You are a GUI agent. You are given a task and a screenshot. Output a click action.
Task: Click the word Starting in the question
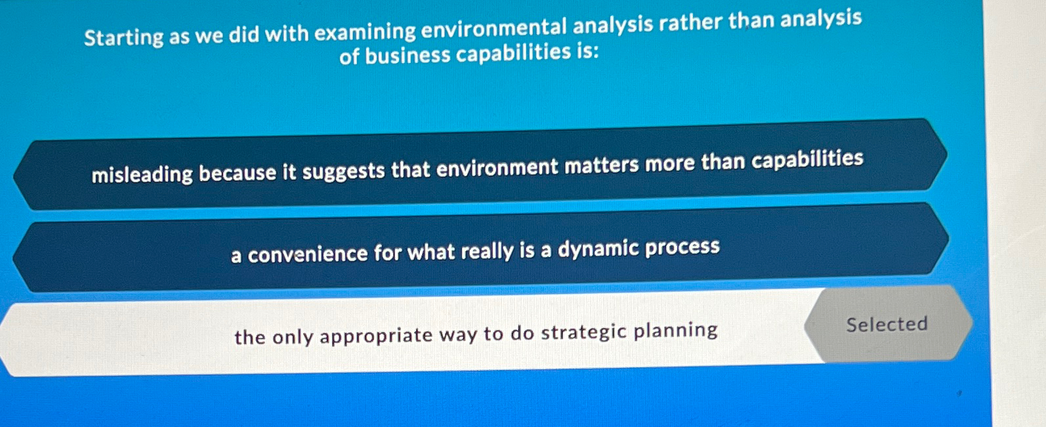pyautogui.click(x=123, y=37)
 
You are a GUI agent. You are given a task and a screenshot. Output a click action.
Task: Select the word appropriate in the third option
pyautogui.click(x=376, y=335)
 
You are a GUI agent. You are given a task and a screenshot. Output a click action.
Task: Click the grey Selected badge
pyautogui.click(x=887, y=324)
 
